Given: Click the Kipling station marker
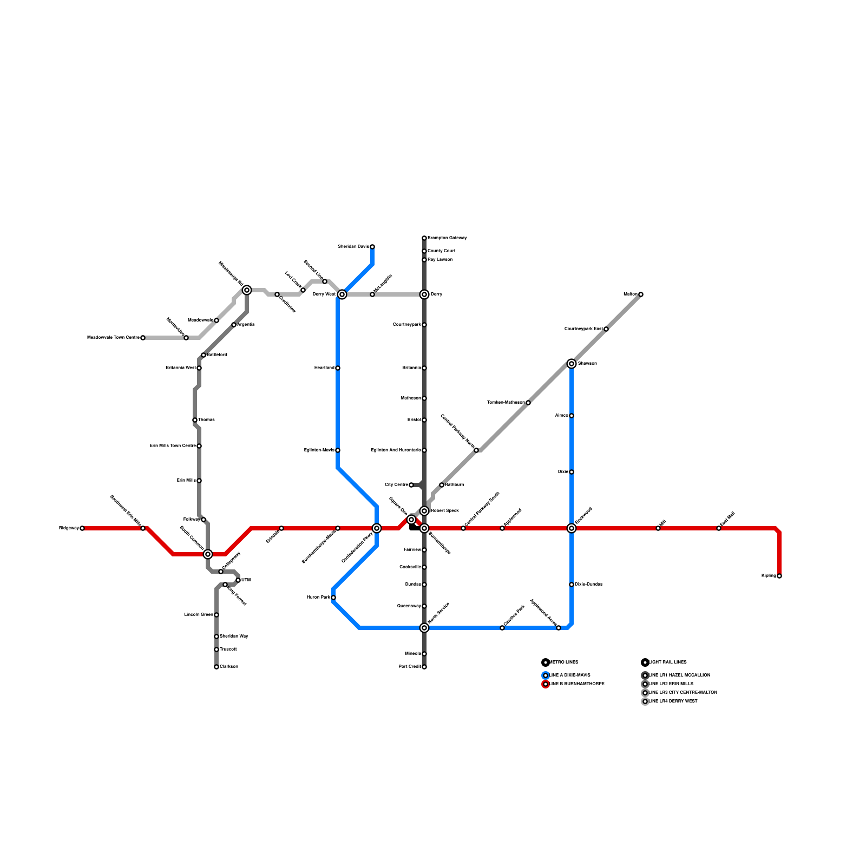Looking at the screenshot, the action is point(779,576).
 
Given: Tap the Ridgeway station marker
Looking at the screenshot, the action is point(82,528).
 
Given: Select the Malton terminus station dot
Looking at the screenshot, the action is point(641,294).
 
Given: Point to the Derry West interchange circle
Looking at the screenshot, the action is point(342,294).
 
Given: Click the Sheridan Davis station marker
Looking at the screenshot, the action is point(372,247).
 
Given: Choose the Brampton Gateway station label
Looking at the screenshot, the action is point(447,238).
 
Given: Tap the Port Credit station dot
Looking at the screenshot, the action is point(424,667).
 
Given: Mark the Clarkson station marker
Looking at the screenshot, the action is point(216,667).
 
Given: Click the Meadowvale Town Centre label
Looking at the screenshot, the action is point(113,338).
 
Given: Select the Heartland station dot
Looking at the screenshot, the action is point(338,368).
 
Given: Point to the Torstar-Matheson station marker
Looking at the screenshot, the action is point(528,403).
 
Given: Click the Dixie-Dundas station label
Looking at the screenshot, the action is point(589,585).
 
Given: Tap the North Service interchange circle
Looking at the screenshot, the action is point(424,628).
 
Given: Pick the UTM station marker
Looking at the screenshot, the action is point(238,580).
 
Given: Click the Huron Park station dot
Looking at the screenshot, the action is point(333,598).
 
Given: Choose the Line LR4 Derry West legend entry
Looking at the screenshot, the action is point(673,701).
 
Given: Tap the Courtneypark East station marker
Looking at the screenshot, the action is point(606,329).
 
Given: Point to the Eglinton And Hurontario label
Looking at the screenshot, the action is point(396,450).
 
